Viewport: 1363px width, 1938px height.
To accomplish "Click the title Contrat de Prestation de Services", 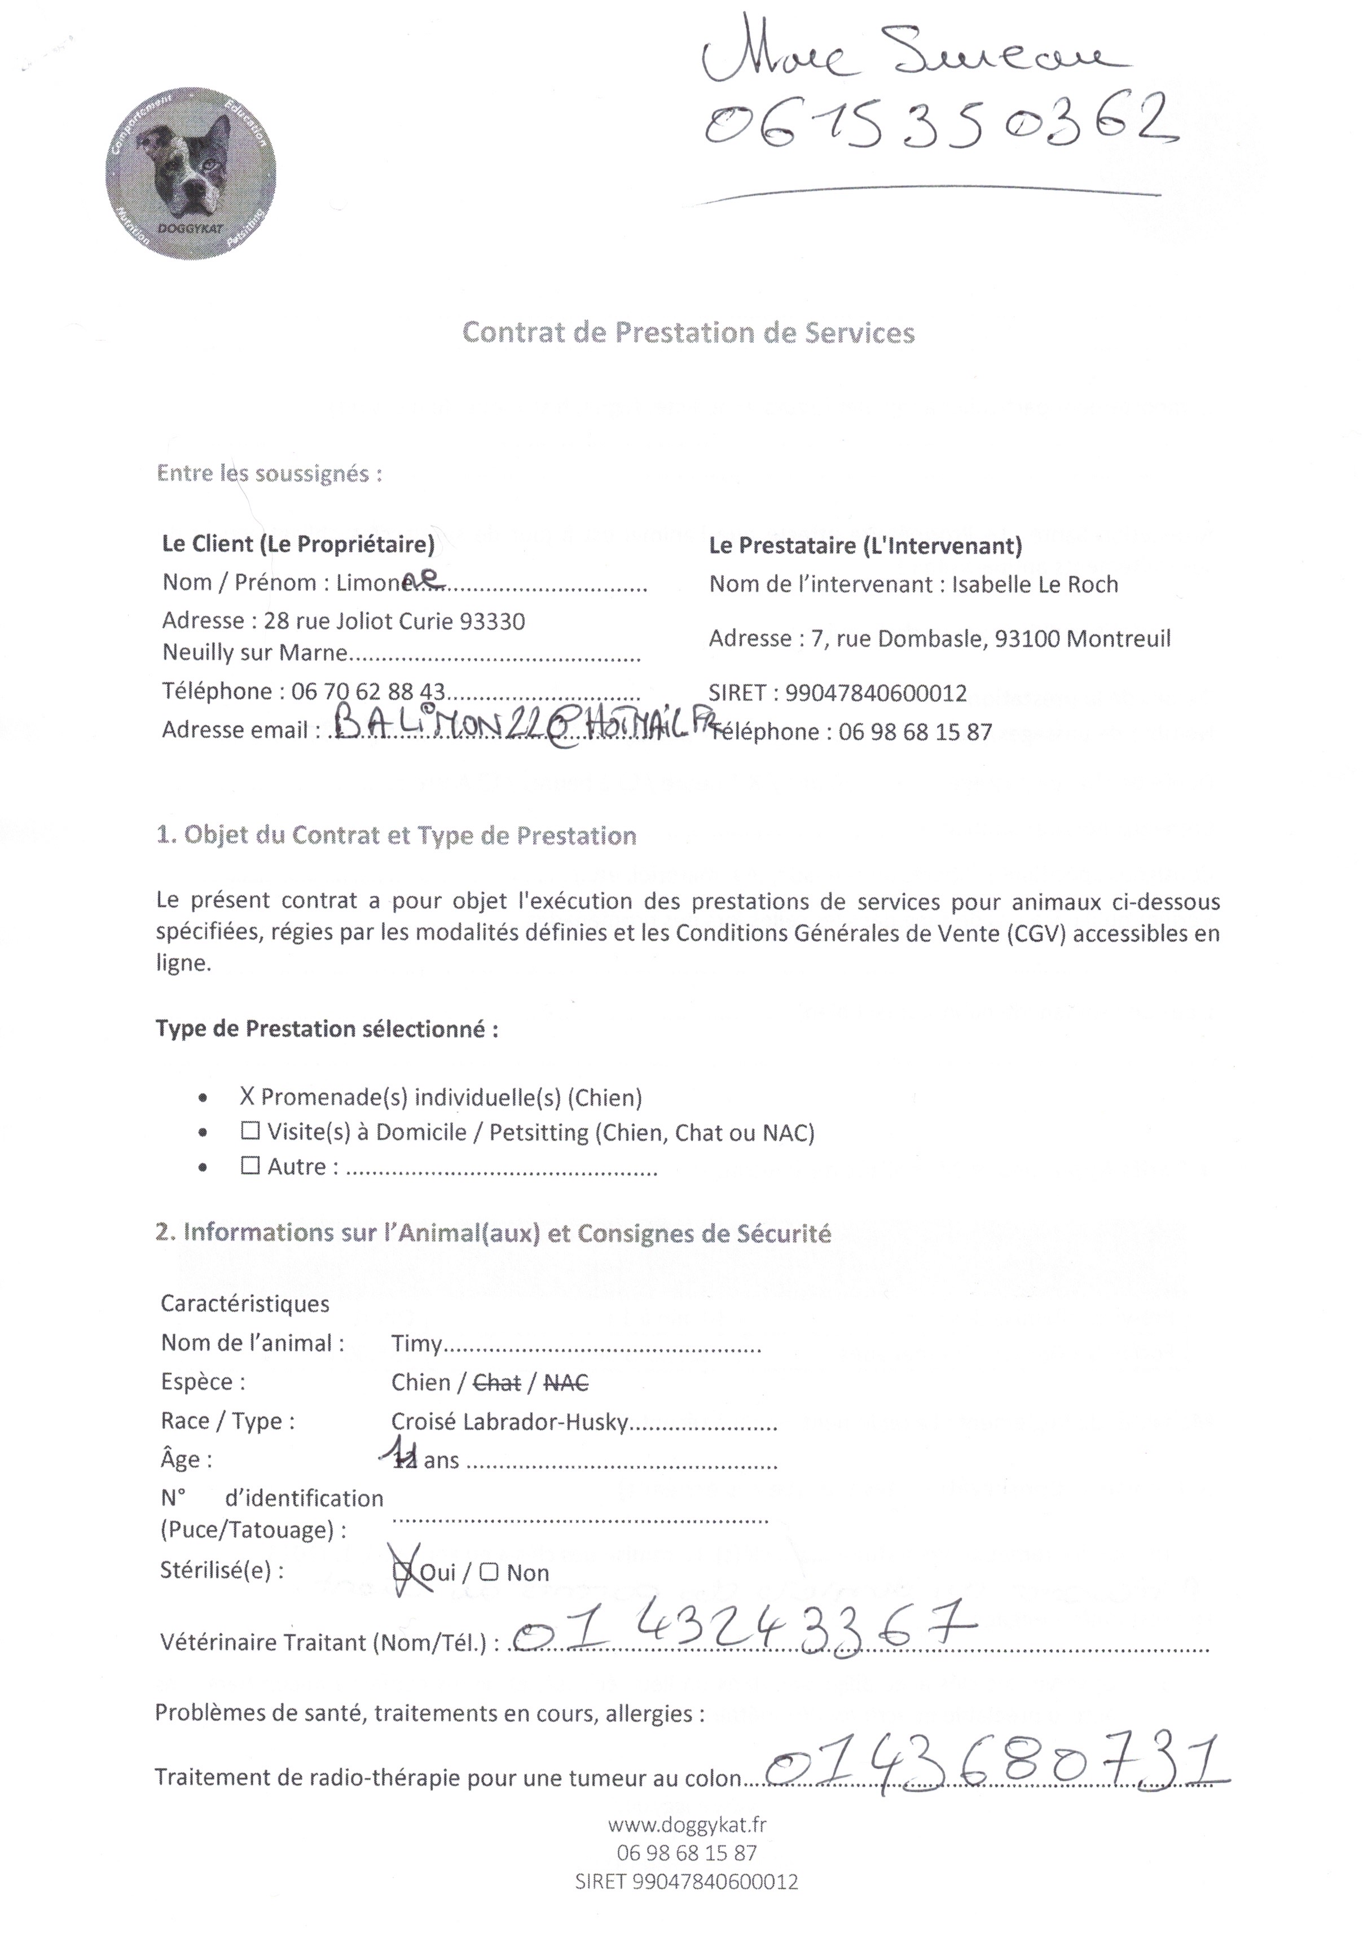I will pyautogui.click(x=688, y=332).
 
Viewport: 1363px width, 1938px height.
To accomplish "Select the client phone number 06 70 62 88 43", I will pyautogui.click(x=368, y=692).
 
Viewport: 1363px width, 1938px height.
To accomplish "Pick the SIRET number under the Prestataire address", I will pyautogui.click(x=876, y=694).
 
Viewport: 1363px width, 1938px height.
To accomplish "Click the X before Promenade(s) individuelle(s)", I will pyautogui.click(x=247, y=1097).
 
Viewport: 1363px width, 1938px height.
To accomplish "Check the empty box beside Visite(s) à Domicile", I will pyautogui.click(x=250, y=1132).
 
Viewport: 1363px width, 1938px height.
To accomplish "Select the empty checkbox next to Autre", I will pyautogui.click(x=250, y=1167).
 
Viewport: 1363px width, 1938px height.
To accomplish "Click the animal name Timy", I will pyautogui.click(x=416, y=1343).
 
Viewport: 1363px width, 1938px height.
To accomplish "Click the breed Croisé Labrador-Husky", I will pyautogui.click(x=510, y=1422).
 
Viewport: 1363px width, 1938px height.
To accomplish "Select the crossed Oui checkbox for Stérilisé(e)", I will pyautogui.click(x=403, y=1572).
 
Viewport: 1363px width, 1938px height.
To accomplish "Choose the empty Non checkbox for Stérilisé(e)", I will pyautogui.click(x=490, y=1572).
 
